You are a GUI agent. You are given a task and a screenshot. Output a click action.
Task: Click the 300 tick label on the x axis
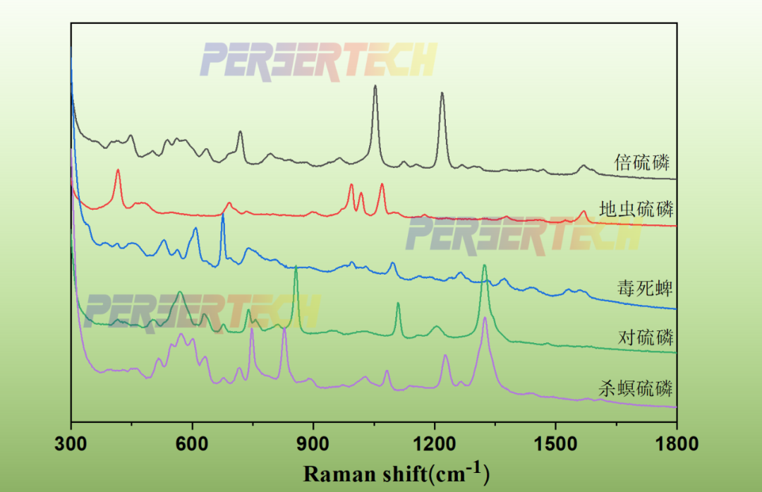tap(71, 444)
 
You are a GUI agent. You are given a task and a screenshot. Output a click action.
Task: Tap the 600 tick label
tap(193, 444)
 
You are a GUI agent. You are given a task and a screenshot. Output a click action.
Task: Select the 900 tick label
tap(313, 444)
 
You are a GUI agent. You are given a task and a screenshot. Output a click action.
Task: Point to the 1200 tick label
tap(435, 444)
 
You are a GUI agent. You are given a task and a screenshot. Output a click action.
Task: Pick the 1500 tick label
tap(555, 444)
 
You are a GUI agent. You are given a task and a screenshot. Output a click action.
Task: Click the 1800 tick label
tap(676, 444)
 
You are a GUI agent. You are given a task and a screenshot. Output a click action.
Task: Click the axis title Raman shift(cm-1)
tap(396, 472)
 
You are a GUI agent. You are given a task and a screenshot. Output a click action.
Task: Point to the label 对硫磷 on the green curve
tap(645, 337)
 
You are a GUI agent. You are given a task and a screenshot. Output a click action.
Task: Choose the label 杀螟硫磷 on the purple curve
tap(636, 388)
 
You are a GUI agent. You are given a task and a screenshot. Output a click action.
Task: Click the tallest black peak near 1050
tap(375, 86)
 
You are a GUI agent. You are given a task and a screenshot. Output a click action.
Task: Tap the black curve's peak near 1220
tap(442, 93)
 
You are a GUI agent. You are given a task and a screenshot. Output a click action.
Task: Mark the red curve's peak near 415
tap(118, 170)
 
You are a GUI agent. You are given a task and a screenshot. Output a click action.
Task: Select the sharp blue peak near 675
tap(223, 215)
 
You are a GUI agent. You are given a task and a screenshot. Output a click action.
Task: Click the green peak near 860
tap(296, 268)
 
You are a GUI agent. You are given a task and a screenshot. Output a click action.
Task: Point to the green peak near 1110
tap(398, 304)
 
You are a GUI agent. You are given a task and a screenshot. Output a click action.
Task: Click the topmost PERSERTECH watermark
tap(319, 60)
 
